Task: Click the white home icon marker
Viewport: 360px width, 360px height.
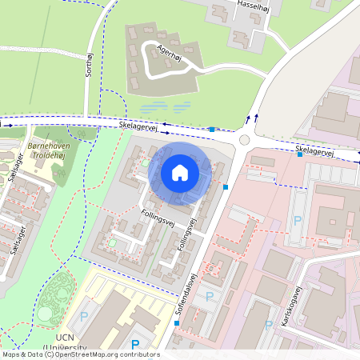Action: (180, 173)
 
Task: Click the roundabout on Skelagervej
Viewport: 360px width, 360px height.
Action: (244, 139)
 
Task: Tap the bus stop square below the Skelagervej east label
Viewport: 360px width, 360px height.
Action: (300, 154)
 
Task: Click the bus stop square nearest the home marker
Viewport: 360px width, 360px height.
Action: (226, 187)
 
